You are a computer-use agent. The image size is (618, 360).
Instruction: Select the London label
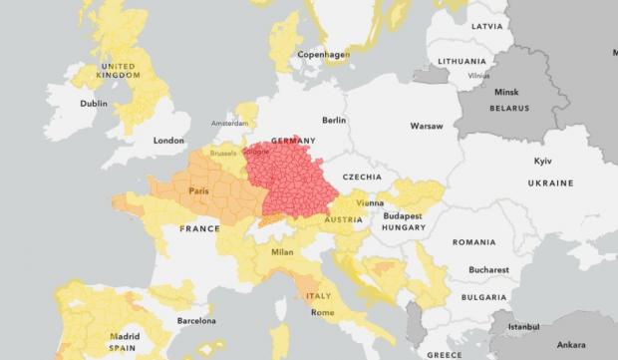tap(168, 141)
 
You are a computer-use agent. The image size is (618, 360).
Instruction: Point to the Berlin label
tap(334, 120)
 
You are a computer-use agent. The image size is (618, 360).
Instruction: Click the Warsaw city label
tap(426, 127)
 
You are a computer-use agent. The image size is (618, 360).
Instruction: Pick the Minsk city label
tap(506, 93)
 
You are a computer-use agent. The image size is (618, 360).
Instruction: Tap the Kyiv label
tap(543, 161)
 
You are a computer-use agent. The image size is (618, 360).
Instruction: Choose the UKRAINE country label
tap(550, 183)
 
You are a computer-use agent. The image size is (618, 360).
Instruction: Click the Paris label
tap(198, 190)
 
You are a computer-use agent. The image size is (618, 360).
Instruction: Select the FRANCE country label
tap(199, 228)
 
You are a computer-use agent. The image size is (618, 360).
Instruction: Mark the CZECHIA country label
tap(362, 177)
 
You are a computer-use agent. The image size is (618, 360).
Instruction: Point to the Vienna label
tap(370, 202)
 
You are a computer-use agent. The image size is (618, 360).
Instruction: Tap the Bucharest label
tap(488, 269)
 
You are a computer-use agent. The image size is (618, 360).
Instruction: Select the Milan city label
tap(281, 252)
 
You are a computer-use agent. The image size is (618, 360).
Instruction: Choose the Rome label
tap(323, 312)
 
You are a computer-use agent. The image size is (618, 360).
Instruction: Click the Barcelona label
tap(196, 320)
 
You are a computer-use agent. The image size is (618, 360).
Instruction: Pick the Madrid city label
tap(125, 336)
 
